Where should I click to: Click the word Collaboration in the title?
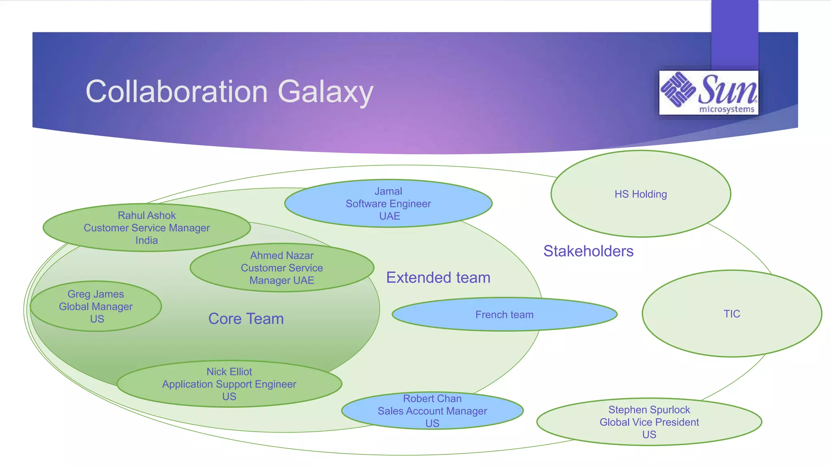[177, 92]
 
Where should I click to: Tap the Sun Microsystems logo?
[708, 92]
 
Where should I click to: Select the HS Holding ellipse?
[640, 194]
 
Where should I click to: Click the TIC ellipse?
[732, 314]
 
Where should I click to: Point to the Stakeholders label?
[588, 251]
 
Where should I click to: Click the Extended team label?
[438, 278]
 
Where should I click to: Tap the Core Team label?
[246, 319]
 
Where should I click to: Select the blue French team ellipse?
[504, 315]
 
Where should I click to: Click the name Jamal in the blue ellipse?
[388, 191]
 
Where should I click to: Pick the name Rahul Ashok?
[146, 215]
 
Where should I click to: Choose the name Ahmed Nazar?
[282, 255]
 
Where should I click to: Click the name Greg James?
[96, 294]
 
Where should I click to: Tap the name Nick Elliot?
[229, 371]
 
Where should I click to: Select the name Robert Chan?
[432, 398]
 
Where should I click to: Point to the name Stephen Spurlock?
[649, 410]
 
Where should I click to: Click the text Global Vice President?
[649, 422]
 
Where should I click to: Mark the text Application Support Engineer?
[229, 384]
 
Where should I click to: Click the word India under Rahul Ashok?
[146, 240]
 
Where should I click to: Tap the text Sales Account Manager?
[432, 411]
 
